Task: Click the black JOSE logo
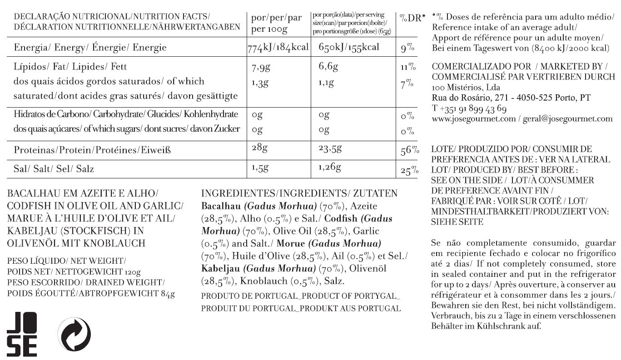[x=22, y=335]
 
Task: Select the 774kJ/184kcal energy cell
[x=278, y=48]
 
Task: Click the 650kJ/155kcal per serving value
[x=348, y=47]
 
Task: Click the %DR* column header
[x=412, y=18]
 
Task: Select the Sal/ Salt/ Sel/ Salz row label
[x=54, y=169]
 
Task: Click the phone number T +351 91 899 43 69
[x=469, y=108]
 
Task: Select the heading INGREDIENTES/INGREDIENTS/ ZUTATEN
[x=299, y=193]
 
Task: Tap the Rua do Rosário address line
[x=511, y=98]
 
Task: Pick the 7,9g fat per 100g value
[x=261, y=68]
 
